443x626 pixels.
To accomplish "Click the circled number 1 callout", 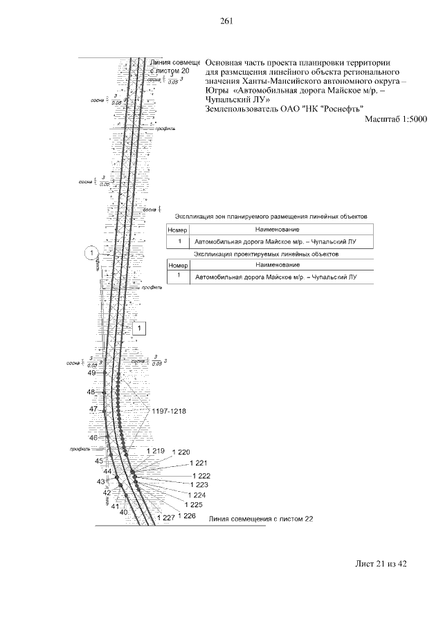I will [90, 254].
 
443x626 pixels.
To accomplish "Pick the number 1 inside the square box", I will [138, 329].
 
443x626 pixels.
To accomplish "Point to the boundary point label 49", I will [91, 374].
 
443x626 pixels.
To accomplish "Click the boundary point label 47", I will [93, 409].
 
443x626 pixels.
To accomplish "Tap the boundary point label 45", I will [99, 461].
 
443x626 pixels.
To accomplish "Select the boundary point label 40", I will [123, 513].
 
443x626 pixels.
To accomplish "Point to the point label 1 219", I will [155, 451].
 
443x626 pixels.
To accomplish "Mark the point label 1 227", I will [166, 518].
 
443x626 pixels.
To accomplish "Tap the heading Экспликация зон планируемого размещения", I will [270, 217].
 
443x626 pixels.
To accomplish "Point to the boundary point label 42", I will [107, 492].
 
